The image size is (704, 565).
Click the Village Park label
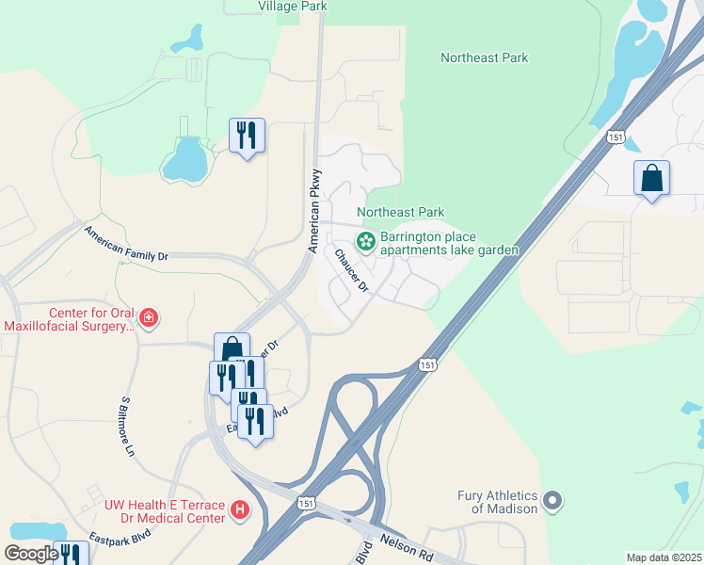tap(293, 6)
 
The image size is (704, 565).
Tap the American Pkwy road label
tap(315, 211)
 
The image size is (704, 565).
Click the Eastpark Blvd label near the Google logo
tap(120, 543)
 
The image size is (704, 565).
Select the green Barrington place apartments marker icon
tap(365, 242)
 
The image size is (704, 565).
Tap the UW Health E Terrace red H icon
tap(240, 510)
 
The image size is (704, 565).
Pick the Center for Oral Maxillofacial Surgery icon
tap(148, 318)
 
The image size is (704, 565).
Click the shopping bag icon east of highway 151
tap(651, 177)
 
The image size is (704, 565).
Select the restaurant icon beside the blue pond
tap(247, 135)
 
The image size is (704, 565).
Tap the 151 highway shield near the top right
tap(616, 137)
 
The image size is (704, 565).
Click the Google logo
tap(31, 554)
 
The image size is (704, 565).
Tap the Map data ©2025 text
tap(664, 557)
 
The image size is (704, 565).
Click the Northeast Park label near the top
tap(484, 57)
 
